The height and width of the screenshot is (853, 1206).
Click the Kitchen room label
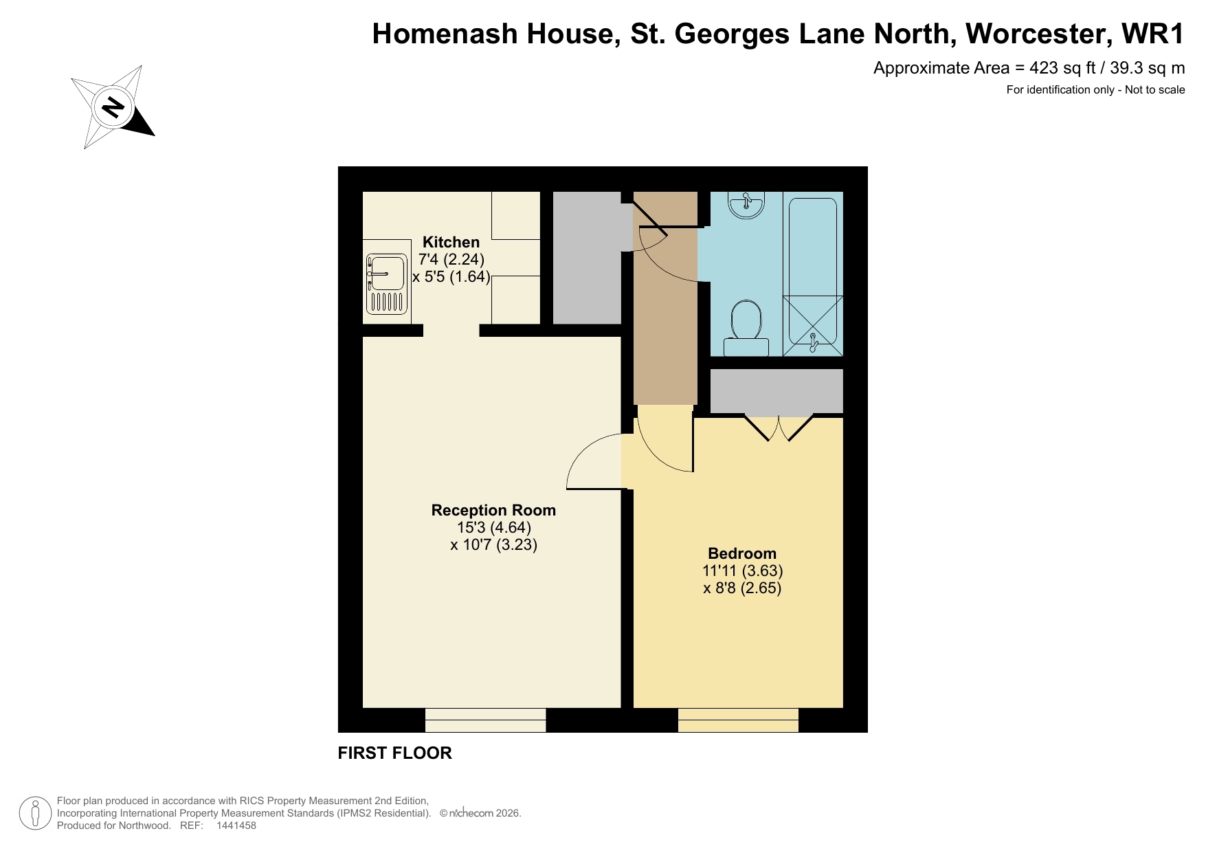451,242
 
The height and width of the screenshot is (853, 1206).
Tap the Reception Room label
493,510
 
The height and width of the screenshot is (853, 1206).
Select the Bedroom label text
742,553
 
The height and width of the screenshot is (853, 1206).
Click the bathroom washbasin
746,204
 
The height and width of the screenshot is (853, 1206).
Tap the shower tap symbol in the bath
813,341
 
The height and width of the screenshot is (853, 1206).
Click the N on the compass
113,107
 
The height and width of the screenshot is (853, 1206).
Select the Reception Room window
485,720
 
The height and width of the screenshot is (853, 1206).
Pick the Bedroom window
738,720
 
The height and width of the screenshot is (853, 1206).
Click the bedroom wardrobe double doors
779,426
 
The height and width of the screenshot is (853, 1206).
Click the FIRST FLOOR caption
394,753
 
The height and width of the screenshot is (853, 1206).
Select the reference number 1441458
236,826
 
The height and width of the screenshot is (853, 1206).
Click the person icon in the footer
35,813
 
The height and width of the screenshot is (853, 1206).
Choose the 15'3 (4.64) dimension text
493,527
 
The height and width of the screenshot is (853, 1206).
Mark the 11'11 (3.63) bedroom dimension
742,570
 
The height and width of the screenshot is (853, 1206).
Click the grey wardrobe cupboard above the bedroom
777,390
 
